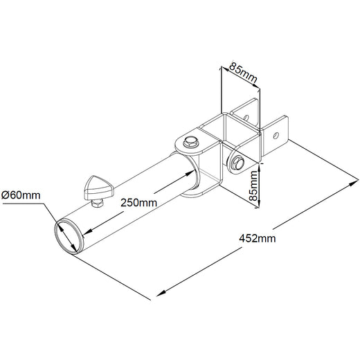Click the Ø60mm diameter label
[21, 195]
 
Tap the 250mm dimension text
[138, 203]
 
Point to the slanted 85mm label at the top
[244, 73]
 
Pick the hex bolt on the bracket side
[237, 163]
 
